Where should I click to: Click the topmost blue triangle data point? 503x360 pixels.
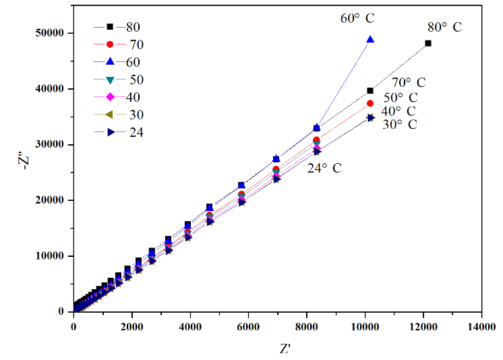pyautogui.click(x=370, y=40)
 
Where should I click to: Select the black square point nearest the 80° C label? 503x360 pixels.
pyautogui.click(x=428, y=43)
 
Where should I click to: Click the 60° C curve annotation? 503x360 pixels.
pyautogui.click(x=361, y=18)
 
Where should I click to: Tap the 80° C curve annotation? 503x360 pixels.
pyautogui.click(x=444, y=28)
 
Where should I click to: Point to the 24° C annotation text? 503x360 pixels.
pyautogui.click(x=324, y=168)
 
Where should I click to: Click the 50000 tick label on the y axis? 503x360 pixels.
pyautogui.click(x=50, y=33)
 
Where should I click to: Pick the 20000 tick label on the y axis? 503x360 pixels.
pyautogui.click(x=50, y=200)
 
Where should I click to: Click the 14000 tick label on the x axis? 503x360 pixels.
pyautogui.click(x=481, y=326)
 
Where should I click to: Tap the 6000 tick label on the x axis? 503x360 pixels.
pyautogui.click(x=248, y=326)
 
